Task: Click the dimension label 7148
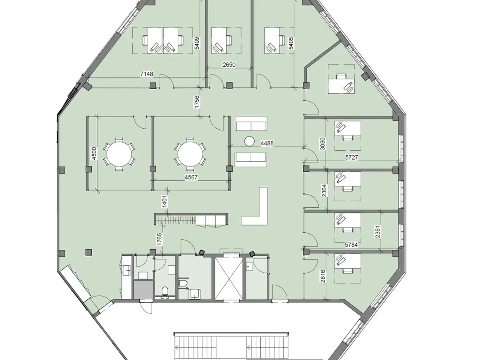147,74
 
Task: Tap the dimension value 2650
229,65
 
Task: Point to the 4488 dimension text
267,143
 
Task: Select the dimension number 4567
191,177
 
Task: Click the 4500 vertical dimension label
94,153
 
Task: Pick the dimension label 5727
352,157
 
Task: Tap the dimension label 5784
351,245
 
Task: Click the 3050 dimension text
322,144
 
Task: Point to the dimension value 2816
323,276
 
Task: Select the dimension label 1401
165,201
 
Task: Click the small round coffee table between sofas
249,141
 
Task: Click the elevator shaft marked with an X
229,278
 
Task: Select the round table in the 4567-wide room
190,154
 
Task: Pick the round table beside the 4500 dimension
119,154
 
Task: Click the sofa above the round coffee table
251,123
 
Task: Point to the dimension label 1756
197,102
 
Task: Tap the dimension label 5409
197,43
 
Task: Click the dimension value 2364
324,190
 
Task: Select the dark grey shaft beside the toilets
143,289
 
